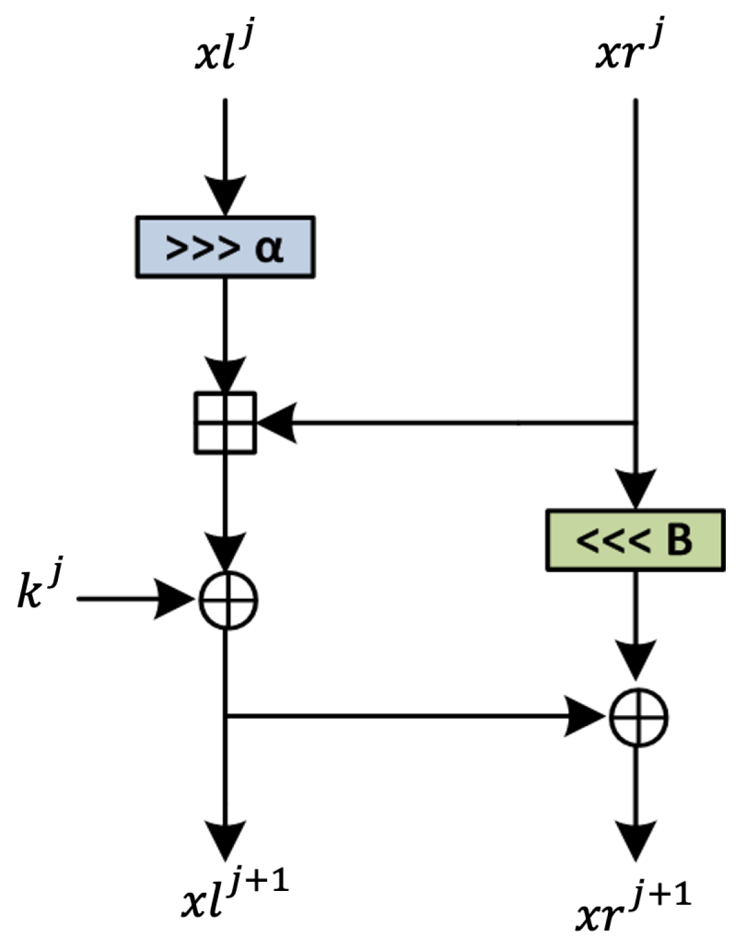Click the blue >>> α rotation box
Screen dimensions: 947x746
[225, 248]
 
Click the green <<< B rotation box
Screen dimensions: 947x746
[635, 540]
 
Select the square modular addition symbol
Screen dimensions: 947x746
[225, 423]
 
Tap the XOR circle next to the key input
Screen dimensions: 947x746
[227, 600]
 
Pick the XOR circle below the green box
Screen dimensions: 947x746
[638, 718]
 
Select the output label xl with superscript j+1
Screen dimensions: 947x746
[235, 896]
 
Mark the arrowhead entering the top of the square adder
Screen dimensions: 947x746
[225, 374]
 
